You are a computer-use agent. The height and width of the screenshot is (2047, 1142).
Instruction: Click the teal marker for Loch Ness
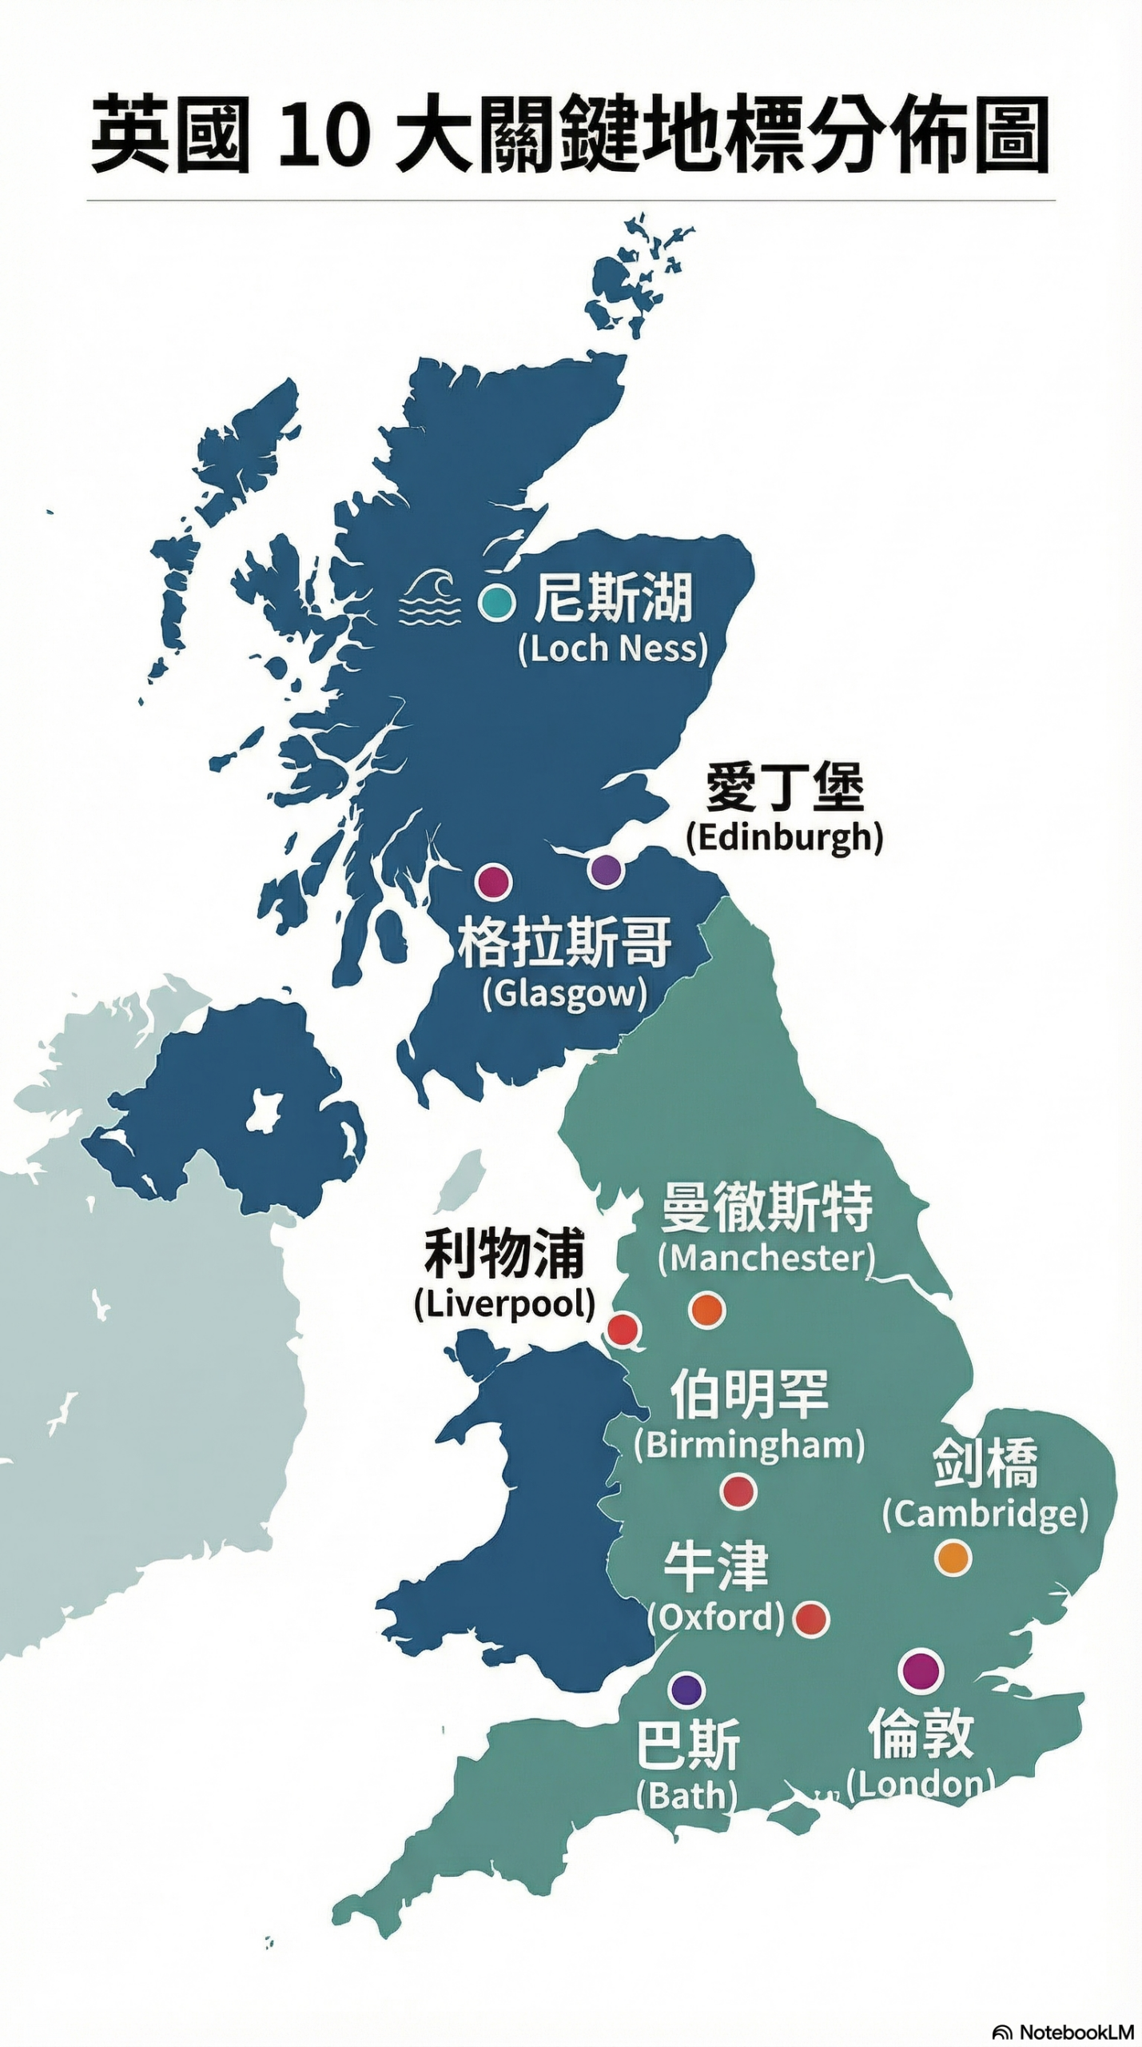coord(496,602)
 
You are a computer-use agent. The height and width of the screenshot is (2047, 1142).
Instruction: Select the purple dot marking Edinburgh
coord(606,870)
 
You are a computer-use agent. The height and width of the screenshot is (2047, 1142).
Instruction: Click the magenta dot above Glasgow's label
coord(493,881)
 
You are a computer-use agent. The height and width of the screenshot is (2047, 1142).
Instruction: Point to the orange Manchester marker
coord(706,1310)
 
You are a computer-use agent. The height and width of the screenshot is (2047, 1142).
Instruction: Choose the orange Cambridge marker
coord(953,1558)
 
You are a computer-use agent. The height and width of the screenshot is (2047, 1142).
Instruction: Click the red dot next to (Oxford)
coord(811,1619)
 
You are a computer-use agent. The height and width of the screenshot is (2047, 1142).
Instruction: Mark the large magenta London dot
coord(921,1670)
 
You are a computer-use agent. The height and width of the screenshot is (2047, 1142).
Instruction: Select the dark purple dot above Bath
coord(686,1690)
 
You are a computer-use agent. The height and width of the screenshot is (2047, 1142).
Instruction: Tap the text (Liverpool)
coord(504,1303)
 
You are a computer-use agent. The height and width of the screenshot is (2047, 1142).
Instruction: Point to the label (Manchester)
coord(766,1258)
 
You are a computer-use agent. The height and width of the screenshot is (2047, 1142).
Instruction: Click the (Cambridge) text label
coord(985,1514)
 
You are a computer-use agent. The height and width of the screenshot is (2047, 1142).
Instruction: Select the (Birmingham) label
coord(749,1445)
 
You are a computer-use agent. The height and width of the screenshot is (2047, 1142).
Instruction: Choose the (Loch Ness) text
coord(613,648)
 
